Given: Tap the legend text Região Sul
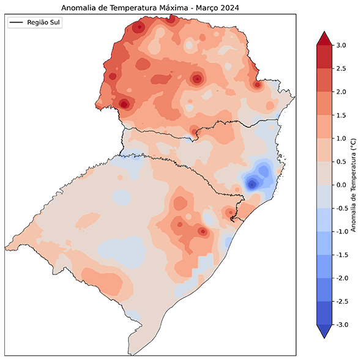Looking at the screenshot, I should (45, 22).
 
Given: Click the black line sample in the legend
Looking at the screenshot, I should (17, 23).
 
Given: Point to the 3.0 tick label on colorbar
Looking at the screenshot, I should (341, 45).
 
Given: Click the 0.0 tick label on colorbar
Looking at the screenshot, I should (341, 185).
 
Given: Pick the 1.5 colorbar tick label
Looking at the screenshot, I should (341, 115).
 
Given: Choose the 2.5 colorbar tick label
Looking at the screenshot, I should (341, 68).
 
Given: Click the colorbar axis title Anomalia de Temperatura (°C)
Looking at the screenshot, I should (353, 185).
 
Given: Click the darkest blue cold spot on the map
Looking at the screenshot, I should (251, 184).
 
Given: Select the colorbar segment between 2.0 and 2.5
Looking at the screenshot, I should (324, 80).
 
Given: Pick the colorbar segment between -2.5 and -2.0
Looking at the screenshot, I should (324, 290).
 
